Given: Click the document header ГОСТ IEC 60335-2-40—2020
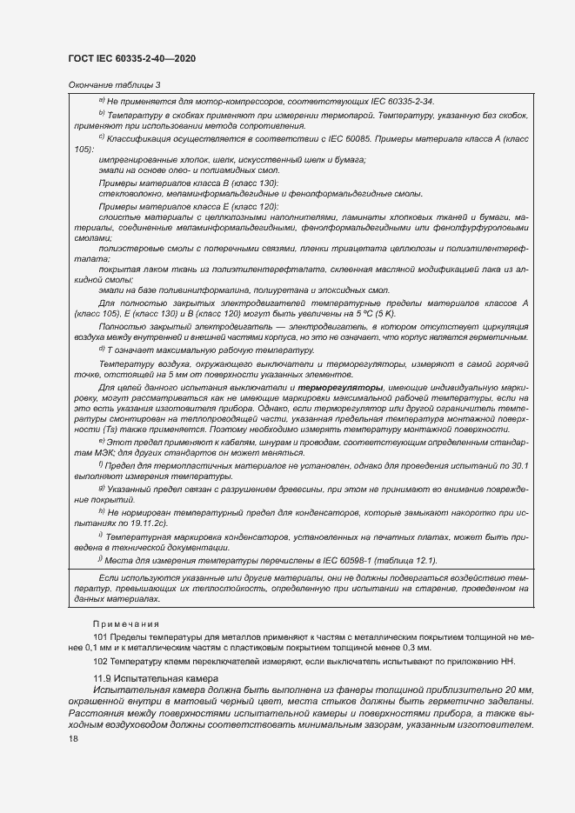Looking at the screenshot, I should point(130,58).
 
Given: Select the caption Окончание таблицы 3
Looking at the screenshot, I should point(114,84).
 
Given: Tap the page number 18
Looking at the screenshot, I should point(73,738).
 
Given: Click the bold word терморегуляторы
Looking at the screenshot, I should point(341,385).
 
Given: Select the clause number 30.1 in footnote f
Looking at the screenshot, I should point(519,465).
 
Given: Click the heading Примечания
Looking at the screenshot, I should point(127,624).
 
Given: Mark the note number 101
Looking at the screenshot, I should point(101,637).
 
